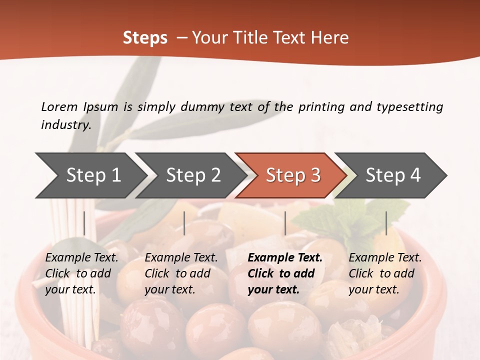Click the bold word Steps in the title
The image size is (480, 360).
[145, 38]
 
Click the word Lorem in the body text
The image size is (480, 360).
[59, 106]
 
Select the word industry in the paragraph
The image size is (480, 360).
[66, 124]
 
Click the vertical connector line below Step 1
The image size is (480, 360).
[84, 223]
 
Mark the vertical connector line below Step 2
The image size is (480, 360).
[184, 223]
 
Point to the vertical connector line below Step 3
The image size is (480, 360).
[285, 223]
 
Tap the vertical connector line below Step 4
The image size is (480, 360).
[386, 223]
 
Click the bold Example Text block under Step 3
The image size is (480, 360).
[285, 273]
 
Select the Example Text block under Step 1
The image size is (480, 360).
[81, 273]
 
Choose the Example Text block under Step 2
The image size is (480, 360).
[181, 273]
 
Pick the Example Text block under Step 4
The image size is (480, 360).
[385, 273]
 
